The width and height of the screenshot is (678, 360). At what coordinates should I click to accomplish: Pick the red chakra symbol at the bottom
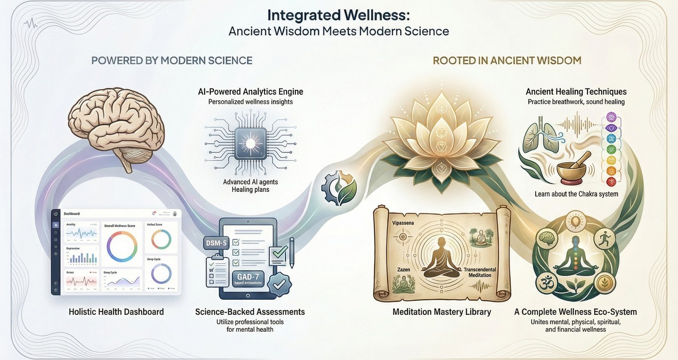[x=611, y=181]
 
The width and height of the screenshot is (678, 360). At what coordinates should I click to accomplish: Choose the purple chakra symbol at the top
[x=611, y=116]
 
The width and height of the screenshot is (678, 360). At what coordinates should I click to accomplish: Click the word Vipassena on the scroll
[x=403, y=223]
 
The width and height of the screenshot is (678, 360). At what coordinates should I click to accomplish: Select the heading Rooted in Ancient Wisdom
[x=507, y=61]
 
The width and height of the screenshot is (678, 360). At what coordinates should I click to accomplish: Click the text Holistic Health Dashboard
[x=116, y=312]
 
